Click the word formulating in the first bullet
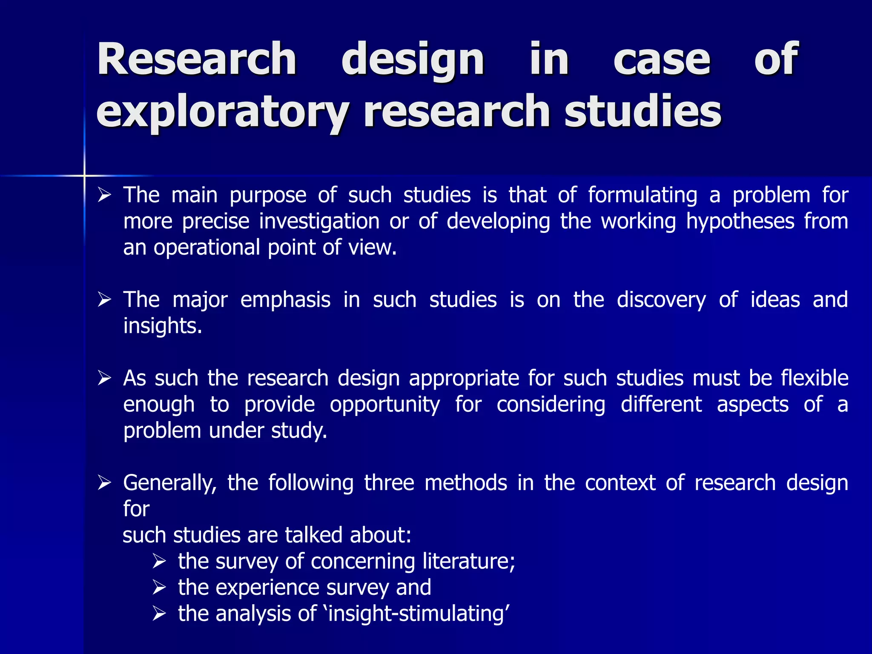pos(643,196)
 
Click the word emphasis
pos(285,300)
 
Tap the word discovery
pos(661,300)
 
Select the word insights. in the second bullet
pos(163,326)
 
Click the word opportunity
pos(385,404)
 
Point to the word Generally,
pos(170,483)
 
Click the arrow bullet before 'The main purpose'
pos(104,196)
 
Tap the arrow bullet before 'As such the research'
pos(104,378)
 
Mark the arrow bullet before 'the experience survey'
pos(159,588)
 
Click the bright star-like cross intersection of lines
pos(84,175)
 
